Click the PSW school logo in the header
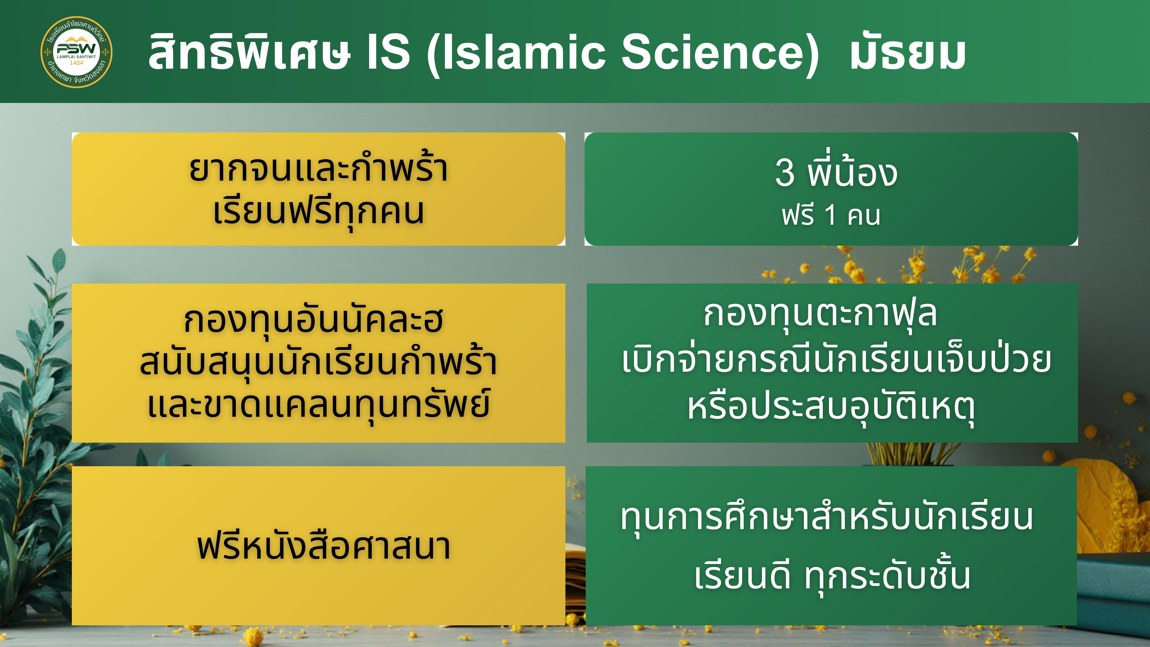[76, 52]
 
